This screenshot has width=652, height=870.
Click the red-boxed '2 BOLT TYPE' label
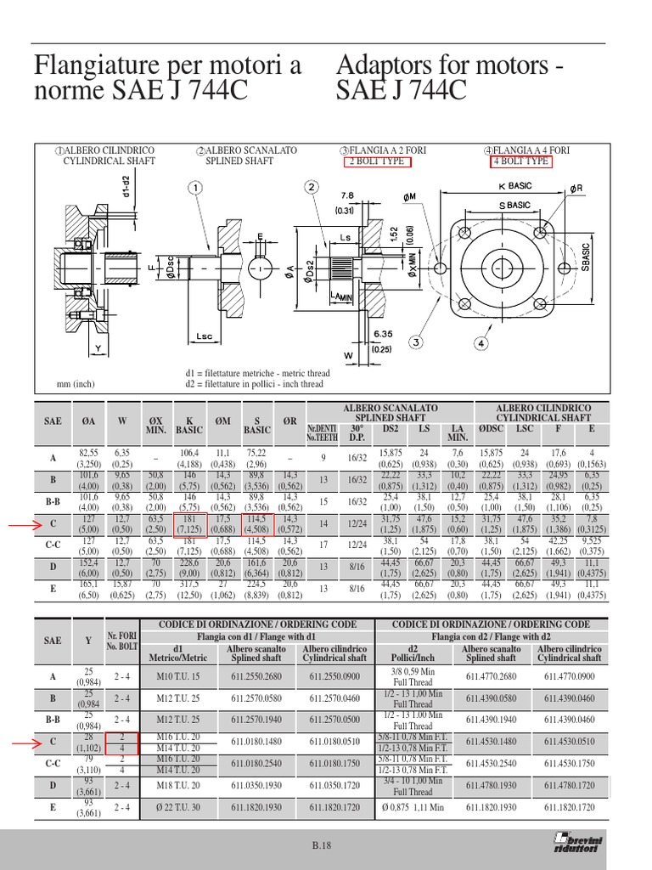374,161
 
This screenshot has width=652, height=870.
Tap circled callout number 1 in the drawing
195,187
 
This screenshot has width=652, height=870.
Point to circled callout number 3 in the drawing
417,342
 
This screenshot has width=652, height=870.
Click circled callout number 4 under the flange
481,344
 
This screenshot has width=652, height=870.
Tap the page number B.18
325,845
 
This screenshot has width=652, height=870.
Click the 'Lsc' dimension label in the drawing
204,336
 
